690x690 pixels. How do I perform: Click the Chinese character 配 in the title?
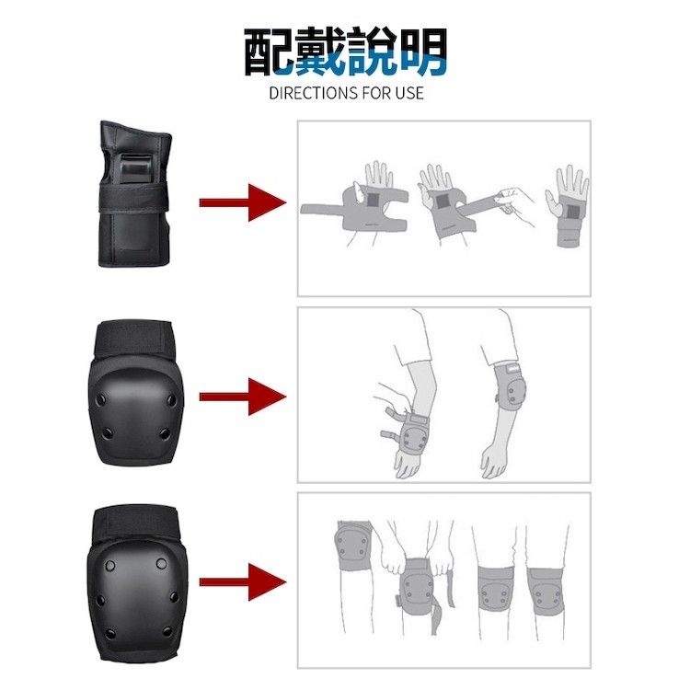[x=269, y=52]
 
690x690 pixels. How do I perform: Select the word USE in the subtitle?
[x=408, y=93]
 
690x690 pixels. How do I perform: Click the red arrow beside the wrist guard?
[x=243, y=202]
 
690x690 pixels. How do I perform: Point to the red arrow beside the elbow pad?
[x=243, y=397]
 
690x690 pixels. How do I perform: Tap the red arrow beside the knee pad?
[x=243, y=581]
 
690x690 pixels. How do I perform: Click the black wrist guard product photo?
[x=134, y=193]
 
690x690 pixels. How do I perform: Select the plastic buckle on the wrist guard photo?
[x=135, y=169]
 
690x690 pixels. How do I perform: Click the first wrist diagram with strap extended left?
[x=355, y=207]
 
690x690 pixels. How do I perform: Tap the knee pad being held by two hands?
[x=416, y=586]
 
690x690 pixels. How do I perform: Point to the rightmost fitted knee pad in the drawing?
[x=546, y=592]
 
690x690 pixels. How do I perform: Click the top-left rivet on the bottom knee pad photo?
[x=110, y=565]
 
